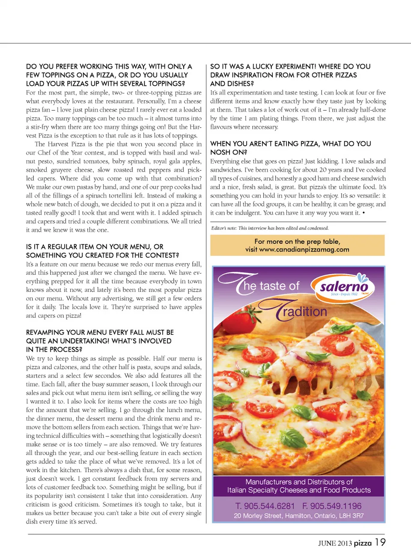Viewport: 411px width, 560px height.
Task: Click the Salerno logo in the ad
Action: click(343, 287)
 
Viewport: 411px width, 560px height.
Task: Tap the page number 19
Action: click(380, 542)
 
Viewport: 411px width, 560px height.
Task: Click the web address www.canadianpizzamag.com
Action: click(304, 249)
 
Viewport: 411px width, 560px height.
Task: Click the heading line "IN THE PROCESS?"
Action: click(54, 350)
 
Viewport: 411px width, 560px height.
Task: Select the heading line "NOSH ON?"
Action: click(229, 152)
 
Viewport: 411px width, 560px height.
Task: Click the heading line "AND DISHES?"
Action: click(232, 84)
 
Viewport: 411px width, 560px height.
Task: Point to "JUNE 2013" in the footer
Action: click(335, 543)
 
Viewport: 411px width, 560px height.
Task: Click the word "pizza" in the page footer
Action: click(363, 543)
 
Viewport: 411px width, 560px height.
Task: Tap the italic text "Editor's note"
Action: click(224, 228)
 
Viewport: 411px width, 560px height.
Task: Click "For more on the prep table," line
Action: click(297, 241)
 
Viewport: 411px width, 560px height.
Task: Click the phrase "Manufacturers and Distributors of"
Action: click(299, 482)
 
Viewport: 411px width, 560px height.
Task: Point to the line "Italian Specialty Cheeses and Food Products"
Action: click(299, 490)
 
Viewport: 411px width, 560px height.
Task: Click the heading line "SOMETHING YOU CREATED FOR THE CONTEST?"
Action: click(102, 255)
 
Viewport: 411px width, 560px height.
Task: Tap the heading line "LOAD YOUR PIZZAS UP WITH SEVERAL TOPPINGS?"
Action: click(105, 84)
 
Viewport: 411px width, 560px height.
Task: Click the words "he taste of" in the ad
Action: click(271, 286)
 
